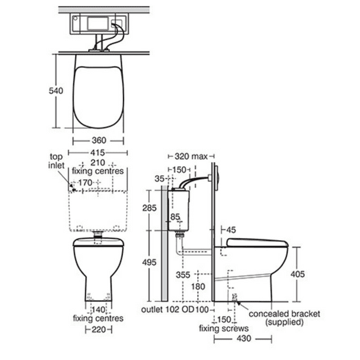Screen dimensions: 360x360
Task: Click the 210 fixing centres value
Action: tap(98, 163)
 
